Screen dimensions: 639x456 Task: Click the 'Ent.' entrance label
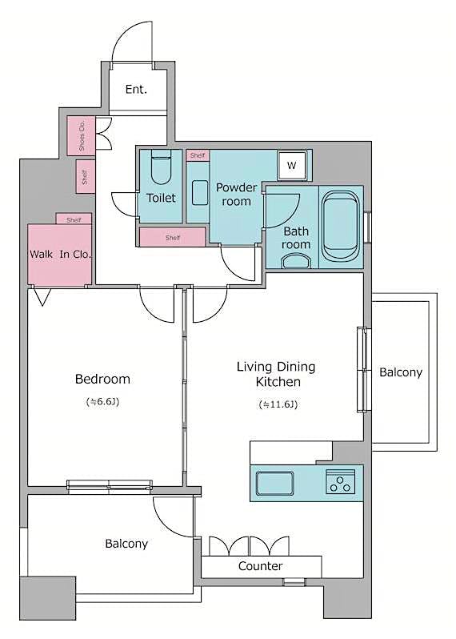(136, 89)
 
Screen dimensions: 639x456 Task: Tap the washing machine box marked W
(291, 166)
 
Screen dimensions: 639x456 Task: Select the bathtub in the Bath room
(342, 227)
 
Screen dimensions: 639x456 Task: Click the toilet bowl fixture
(161, 169)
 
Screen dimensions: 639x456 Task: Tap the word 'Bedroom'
(102, 379)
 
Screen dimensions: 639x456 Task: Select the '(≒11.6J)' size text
(278, 405)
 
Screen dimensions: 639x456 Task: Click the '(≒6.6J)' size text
(102, 400)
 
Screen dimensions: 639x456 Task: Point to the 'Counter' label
(260, 566)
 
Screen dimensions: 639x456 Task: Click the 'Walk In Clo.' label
(61, 254)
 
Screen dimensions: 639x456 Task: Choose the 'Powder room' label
(236, 195)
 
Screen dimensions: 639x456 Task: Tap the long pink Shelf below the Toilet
(172, 237)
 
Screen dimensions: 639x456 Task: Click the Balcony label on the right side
(400, 372)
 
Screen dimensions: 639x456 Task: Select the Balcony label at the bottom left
(126, 544)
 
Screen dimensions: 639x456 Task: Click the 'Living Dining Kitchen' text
(276, 374)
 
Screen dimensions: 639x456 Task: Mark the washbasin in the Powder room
(199, 193)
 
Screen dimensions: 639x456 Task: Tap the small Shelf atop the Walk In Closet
(74, 219)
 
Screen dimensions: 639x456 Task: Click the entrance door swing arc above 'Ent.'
(130, 40)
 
